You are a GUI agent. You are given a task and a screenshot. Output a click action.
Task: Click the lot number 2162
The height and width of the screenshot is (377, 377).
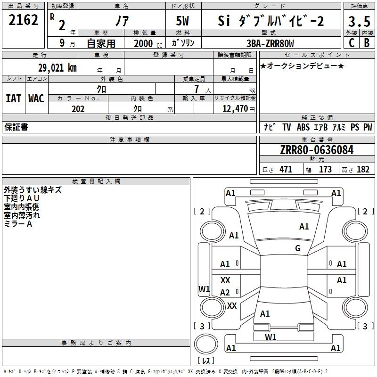pyautogui.click(x=23, y=20)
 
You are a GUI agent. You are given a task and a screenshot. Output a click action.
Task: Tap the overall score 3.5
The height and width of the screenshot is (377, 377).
pyautogui.click(x=359, y=21)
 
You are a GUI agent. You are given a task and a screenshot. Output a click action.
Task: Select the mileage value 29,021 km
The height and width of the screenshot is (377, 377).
pyautogui.click(x=57, y=68)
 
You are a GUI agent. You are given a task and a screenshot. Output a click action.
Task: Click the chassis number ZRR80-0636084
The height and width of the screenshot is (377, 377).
pyautogui.click(x=317, y=150)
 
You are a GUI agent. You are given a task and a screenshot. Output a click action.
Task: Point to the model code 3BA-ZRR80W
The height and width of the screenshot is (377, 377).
pyautogui.click(x=270, y=43)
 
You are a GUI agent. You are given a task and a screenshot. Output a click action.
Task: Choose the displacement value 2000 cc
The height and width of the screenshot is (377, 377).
pyautogui.click(x=148, y=43)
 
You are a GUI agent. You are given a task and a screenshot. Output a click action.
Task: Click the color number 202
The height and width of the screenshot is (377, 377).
pyautogui.click(x=78, y=109)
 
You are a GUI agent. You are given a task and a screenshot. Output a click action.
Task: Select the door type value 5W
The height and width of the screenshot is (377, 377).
pyautogui.click(x=182, y=21)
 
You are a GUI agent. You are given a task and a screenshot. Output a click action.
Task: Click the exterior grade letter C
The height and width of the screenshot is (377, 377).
pyautogui.click(x=352, y=43)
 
